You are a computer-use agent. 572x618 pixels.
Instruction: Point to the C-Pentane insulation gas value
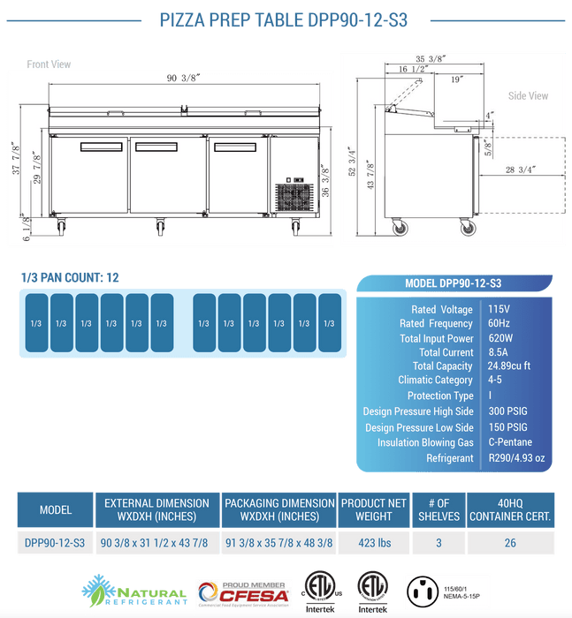(510, 442)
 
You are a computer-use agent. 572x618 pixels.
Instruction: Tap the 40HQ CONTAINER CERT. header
(510, 509)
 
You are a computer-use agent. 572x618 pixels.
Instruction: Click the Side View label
(528, 96)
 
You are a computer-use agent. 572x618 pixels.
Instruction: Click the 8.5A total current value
(499, 352)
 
